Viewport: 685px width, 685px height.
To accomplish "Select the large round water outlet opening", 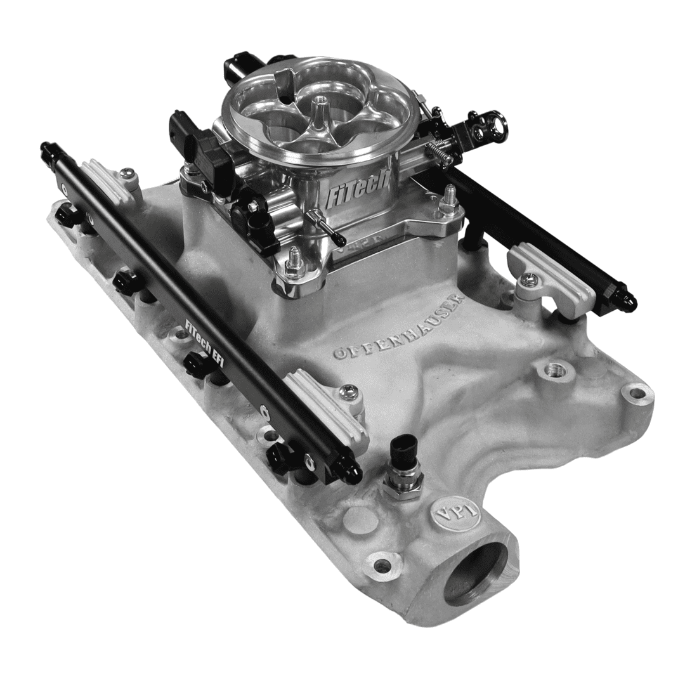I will [476, 574].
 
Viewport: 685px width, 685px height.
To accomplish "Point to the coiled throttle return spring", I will [438, 153].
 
